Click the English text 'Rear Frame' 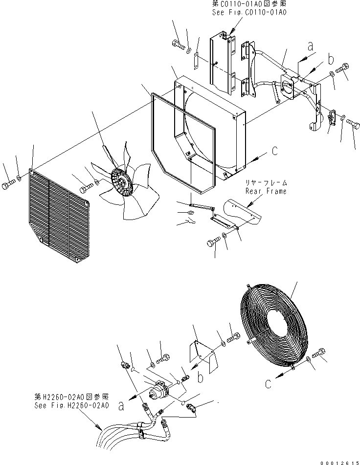(266, 191)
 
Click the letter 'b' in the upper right (331, 60)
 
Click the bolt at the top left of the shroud (178, 46)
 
